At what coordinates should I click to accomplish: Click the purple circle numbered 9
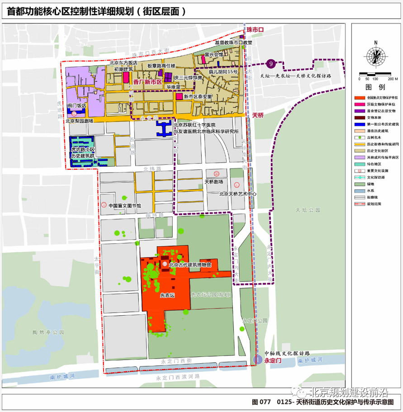[271, 64]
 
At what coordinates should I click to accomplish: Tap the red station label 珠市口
[255, 29]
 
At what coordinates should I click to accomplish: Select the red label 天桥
[258, 115]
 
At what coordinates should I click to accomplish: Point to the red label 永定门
[273, 361]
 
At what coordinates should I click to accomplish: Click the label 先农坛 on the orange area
[167, 295]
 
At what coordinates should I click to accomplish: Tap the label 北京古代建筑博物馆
[190, 265]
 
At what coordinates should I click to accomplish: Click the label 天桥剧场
[214, 182]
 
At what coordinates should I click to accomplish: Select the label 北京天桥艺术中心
[237, 194]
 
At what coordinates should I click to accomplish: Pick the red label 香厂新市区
[148, 82]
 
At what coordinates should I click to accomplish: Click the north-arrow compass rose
[375, 56]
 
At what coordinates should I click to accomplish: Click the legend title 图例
[375, 87]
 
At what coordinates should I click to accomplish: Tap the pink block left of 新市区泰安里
[179, 97]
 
